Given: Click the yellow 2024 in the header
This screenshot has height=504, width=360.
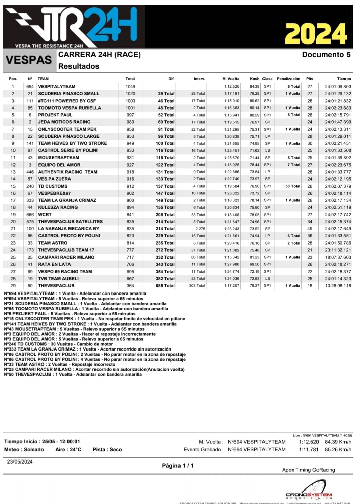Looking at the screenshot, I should pos(315,34).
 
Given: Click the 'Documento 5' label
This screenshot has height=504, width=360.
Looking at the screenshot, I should pos(326,55).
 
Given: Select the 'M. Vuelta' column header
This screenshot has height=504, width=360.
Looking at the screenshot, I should pos(231,79).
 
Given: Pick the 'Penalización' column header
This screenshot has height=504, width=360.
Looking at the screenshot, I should pos(288,79).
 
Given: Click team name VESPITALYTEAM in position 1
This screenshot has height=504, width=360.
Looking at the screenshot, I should pos(57,86).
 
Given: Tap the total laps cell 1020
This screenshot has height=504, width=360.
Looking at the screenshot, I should pos(130,94).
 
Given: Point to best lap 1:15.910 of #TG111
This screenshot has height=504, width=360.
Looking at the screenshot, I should pos(231,101).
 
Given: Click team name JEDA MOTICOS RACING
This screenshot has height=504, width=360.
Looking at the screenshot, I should pos(64,122).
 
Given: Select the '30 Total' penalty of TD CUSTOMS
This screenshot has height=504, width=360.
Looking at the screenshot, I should pos(293,186).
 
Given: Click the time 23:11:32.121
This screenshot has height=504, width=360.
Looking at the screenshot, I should pos(338,250).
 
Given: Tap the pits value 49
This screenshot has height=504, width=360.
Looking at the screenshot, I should pos(310,229).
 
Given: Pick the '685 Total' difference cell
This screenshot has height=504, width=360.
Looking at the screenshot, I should pos(165,286).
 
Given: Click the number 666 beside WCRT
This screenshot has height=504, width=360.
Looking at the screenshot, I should pos(30,215).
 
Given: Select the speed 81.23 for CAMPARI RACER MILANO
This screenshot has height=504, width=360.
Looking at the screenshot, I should pos(255,257).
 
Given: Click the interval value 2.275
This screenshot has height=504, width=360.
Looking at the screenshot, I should pos(200,229).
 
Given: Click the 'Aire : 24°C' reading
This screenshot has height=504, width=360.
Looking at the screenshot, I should pos(68,449).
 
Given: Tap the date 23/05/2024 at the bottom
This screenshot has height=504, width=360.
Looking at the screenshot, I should pos(20,461).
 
